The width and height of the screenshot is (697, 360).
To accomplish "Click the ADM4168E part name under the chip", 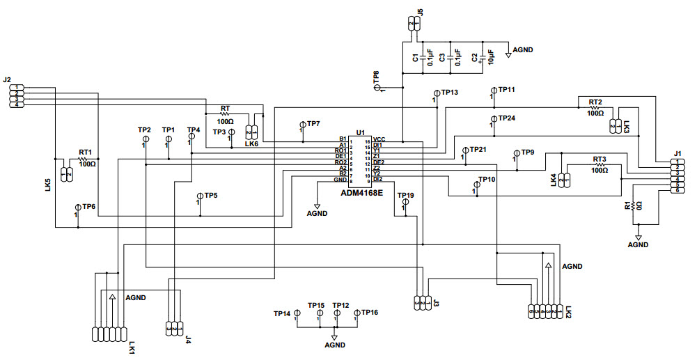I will (x=361, y=192).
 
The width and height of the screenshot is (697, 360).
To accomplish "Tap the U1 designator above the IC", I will (x=360, y=132).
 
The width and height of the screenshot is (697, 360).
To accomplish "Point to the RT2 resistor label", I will (x=596, y=102).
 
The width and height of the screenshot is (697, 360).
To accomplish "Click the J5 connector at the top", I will (x=412, y=24).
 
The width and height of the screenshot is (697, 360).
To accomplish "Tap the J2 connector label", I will (x=7, y=80).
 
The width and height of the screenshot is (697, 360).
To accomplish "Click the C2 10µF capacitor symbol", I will (x=482, y=57).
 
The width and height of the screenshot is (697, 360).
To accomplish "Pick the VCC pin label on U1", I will (x=379, y=140).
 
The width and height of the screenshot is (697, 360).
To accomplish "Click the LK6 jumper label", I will (x=252, y=144).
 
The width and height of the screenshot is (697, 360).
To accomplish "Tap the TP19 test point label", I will (x=405, y=196).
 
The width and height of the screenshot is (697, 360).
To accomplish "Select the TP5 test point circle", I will (x=199, y=196).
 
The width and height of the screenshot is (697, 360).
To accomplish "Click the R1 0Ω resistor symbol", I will (x=635, y=206).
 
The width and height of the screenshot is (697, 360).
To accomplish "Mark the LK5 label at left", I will (x=47, y=185).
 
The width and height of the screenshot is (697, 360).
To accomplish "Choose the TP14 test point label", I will (x=282, y=313).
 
